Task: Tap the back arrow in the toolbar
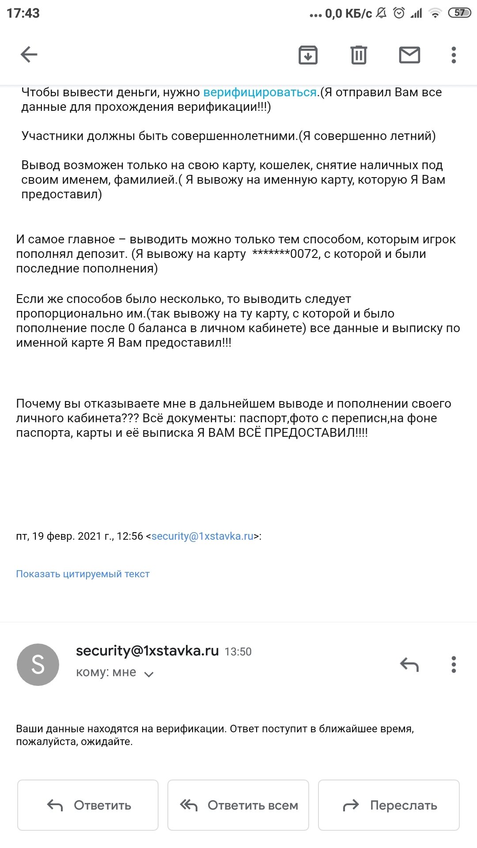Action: pos(29,55)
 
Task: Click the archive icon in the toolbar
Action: pos(308,55)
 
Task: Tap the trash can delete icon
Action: pos(359,55)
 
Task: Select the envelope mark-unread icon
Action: pos(409,55)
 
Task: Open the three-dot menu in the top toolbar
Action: pos(454,55)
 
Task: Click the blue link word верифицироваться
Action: pos(260,92)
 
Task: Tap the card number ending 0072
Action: pos(285,254)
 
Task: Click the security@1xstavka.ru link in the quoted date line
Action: pos(202,536)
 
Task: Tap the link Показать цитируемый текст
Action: pos(83,574)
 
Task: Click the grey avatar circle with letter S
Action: pos(38,664)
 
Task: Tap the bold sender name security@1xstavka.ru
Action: pos(147,651)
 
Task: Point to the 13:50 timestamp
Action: pos(238,651)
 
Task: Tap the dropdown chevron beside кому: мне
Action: pos(149,674)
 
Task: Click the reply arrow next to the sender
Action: pos(409,664)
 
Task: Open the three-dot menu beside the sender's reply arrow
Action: pos(454,664)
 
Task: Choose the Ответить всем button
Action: pos(238,805)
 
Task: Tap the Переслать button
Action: pos(389,805)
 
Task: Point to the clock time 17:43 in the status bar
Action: pos(23,13)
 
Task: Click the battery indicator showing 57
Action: pos(459,13)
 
